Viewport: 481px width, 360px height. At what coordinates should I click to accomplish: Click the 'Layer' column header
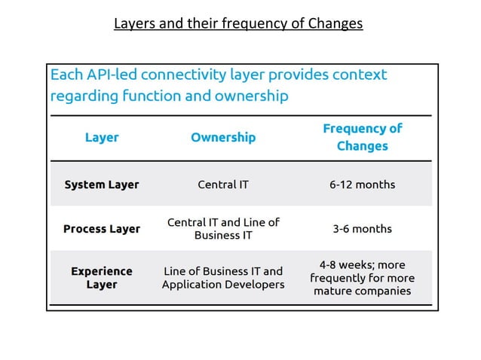click(102, 138)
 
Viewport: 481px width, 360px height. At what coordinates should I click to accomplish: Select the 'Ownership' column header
click(222, 138)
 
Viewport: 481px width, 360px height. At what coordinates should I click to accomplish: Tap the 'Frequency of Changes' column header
click(362, 137)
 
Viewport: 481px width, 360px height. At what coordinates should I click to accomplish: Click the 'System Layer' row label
click(102, 185)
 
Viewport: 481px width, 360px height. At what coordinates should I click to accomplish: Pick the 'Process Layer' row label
click(102, 229)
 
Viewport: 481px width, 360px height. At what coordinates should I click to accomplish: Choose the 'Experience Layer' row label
click(102, 277)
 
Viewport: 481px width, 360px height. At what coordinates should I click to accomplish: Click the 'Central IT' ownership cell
click(222, 185)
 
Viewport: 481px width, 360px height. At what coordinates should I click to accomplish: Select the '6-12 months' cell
click(362, 185)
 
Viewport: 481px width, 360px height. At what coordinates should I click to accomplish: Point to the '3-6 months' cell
click(362, 229)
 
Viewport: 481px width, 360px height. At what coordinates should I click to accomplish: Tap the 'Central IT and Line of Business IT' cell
click(222, 228)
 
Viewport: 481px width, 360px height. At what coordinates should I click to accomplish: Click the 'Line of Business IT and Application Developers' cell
click(222, 277)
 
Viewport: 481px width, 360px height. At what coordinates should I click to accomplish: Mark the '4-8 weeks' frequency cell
click(362, 277)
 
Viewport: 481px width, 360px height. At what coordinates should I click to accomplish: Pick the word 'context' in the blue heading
click(358, 75)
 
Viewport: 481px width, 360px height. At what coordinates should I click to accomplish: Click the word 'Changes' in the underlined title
click(335, 24)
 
